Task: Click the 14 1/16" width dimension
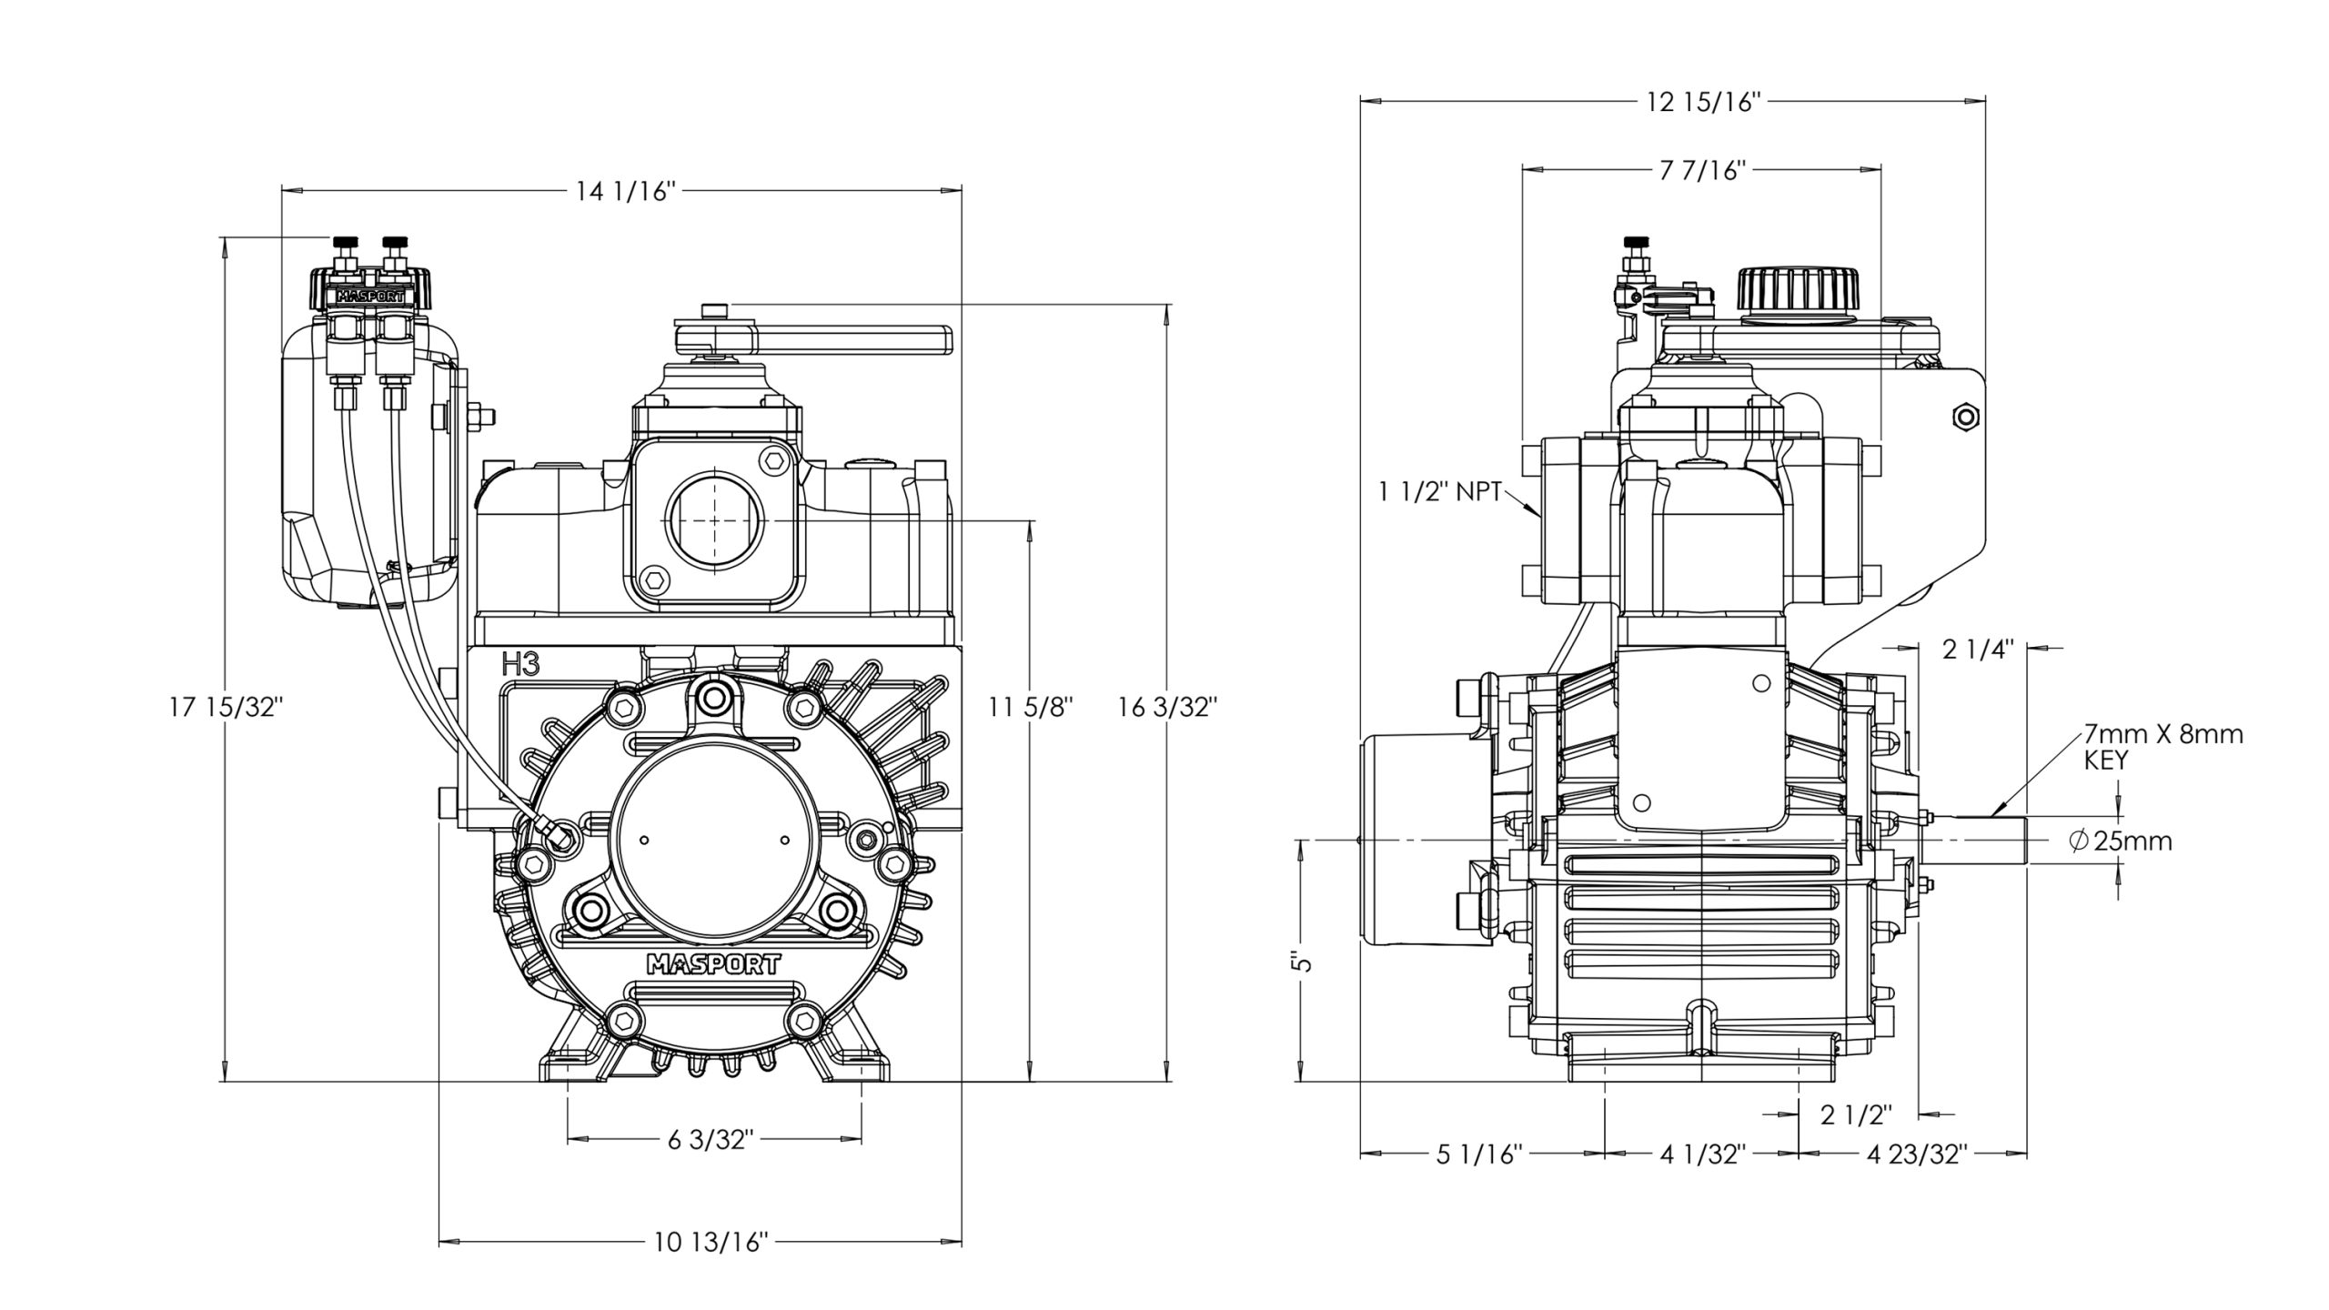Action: tap(626, 192)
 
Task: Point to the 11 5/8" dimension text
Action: tap(1032, 707)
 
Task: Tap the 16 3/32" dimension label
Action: tap(1167, 707)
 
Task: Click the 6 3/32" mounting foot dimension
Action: tap(711, 1141)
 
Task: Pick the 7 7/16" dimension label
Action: tap(1699, 171)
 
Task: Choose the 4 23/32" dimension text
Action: tap(1917, 1155)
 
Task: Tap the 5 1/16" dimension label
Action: tap(1479, 1155)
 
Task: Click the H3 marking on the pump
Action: tap(521, 665)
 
